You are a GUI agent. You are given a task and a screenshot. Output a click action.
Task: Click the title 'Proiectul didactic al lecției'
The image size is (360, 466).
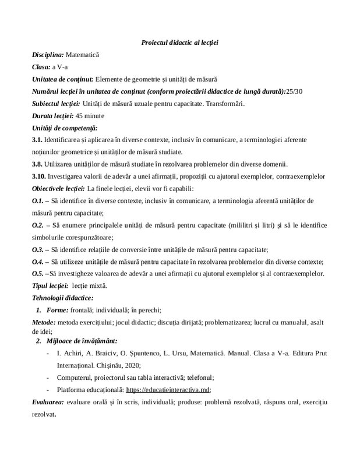179,43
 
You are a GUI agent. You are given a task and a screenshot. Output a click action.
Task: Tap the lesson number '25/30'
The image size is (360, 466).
295,91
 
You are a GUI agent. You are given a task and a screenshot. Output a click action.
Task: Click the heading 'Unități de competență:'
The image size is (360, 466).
64,128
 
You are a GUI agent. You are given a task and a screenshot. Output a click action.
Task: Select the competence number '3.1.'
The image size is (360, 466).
37,140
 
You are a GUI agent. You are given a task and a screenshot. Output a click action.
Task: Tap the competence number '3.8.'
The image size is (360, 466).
37,164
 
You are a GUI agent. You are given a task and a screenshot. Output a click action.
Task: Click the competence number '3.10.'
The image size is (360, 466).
38,176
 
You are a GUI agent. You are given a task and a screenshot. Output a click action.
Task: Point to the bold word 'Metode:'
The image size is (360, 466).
44,322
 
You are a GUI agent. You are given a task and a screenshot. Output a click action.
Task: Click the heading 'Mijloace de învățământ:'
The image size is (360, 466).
82,341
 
